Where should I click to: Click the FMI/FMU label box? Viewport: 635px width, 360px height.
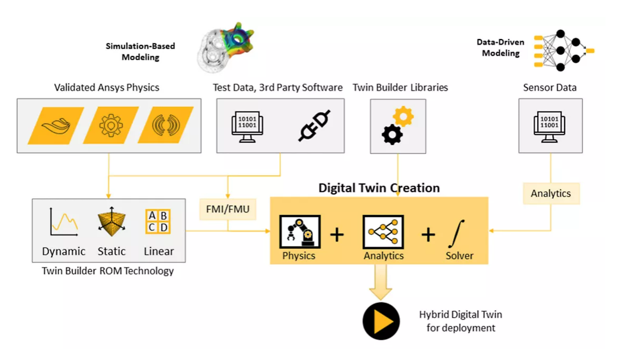228,209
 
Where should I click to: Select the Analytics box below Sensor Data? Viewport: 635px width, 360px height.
550,193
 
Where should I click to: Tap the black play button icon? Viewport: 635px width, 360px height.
381,321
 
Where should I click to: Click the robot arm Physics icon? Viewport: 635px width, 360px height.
300,232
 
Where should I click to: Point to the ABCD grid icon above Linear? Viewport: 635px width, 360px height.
158,221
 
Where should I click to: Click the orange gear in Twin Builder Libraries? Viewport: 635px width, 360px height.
403,116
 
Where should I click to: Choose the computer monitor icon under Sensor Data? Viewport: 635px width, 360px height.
550,126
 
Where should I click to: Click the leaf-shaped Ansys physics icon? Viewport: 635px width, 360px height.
56,126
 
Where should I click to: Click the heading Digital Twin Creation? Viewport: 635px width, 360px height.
379,188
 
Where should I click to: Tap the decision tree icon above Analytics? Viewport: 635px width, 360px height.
383,232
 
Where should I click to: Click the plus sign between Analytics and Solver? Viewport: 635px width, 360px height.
428,234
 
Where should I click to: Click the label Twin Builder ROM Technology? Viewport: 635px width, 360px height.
108,271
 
